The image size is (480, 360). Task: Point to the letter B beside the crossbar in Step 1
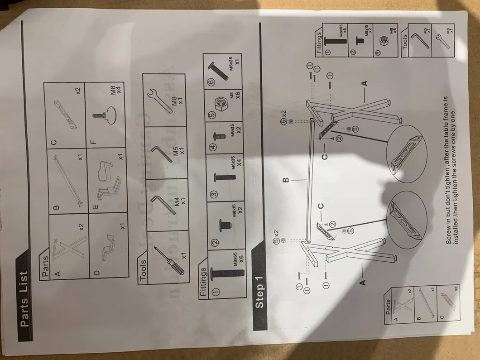[x=286, y=180]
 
